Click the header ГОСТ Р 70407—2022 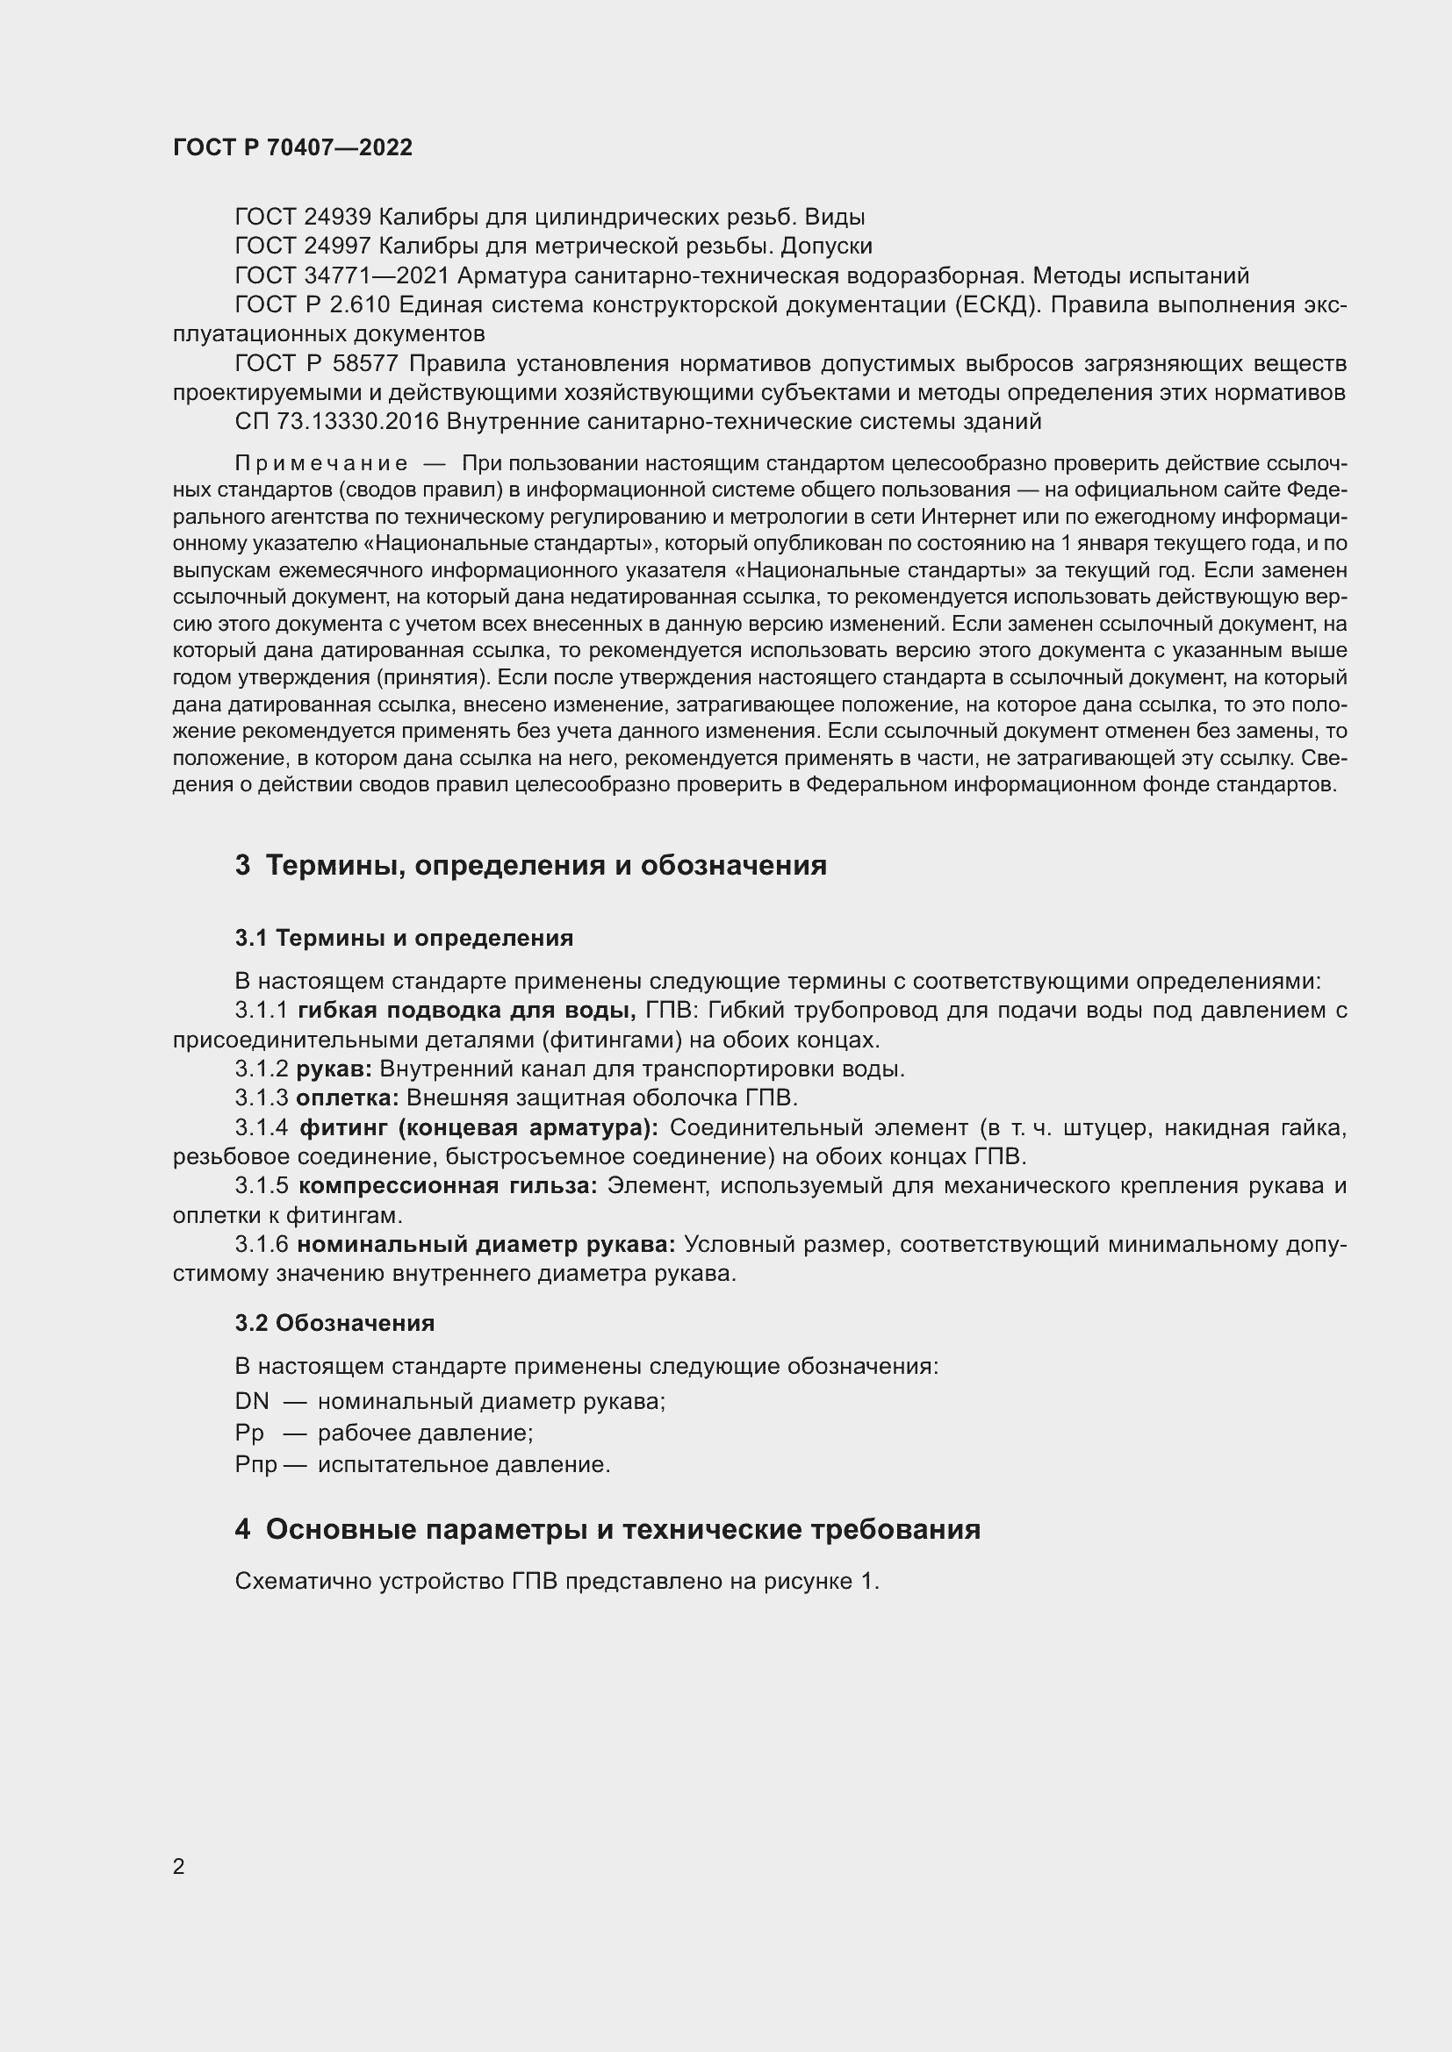click(x=292, y=147)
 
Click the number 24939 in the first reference click(x=337, y=218)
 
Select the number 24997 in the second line click(x=337, y=246)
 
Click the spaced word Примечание click(x=321, y=463)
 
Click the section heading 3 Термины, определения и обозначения click(x=530, y=865)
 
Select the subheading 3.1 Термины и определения click(x=404, y=938)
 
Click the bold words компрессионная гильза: click(x=447, y=1186)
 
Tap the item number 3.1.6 click(x=261, y=1244)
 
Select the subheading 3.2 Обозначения click(x=334, y=1323)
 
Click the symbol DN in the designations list click(x=251, y=1400)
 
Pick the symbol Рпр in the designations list click(x=255, y=1465)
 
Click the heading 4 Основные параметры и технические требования click(x=607, y=1529)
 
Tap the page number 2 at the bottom click(x=179, y=1866)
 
